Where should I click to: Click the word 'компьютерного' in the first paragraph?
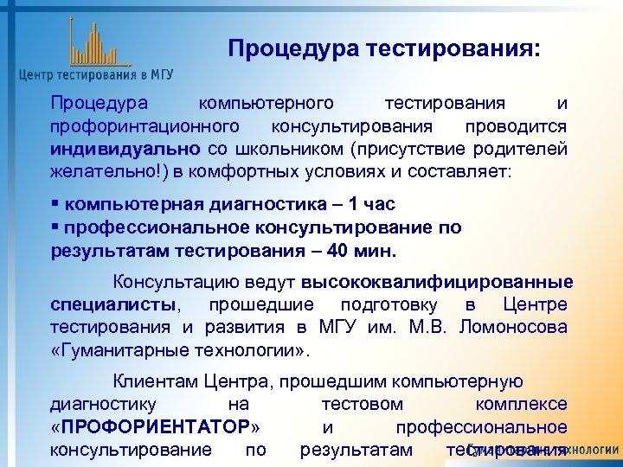[267, 104]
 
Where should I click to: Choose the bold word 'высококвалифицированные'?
[437, 283]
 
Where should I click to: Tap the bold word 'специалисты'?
[112, 305]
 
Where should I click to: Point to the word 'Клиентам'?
[157, 381]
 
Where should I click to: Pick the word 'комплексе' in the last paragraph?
[521, 405]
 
